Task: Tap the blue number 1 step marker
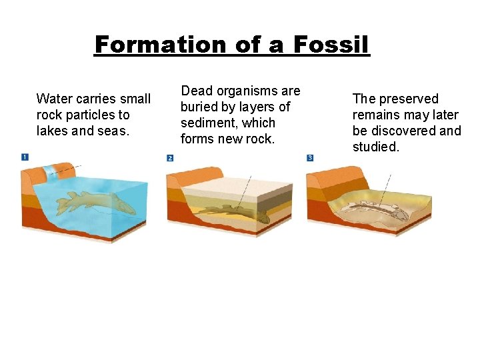click(25, 157)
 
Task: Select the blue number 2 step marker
click(170, 158)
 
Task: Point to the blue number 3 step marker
click(310, 158)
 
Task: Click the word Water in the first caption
click(53, 99)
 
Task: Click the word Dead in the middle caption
click(197, 91)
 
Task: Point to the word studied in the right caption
click(376, 147)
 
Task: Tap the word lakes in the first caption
click(52, 131)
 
